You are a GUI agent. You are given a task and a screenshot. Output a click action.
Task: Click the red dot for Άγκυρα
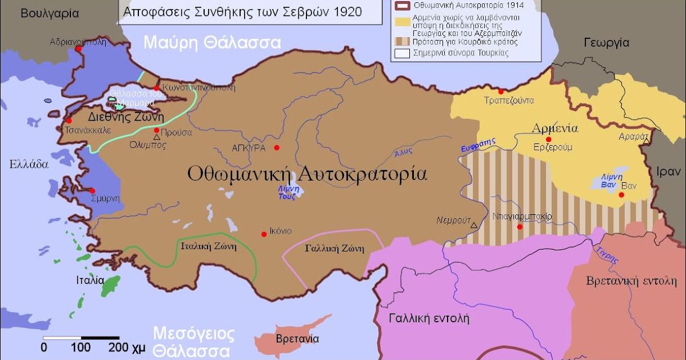point(277,147)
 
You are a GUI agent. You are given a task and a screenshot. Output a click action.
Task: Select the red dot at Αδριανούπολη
point(79,49)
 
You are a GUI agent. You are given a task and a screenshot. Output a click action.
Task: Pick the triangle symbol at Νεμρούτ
point(473,226)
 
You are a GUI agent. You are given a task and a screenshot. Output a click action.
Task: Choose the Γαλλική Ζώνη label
point(335,249)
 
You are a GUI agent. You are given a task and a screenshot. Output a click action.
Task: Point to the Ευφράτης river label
point(477,146)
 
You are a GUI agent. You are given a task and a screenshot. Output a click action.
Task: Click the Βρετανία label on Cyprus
point(297,338)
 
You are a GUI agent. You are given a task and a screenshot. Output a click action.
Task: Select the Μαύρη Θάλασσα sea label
point(212,42)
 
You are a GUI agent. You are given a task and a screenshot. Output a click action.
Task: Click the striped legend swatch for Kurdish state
point(402,42)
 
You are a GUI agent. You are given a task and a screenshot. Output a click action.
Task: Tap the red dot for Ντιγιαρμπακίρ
point(520,227)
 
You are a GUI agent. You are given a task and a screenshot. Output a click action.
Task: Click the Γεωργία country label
point(607,42)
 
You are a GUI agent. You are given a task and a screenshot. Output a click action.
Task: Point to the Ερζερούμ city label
point(553,147)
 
